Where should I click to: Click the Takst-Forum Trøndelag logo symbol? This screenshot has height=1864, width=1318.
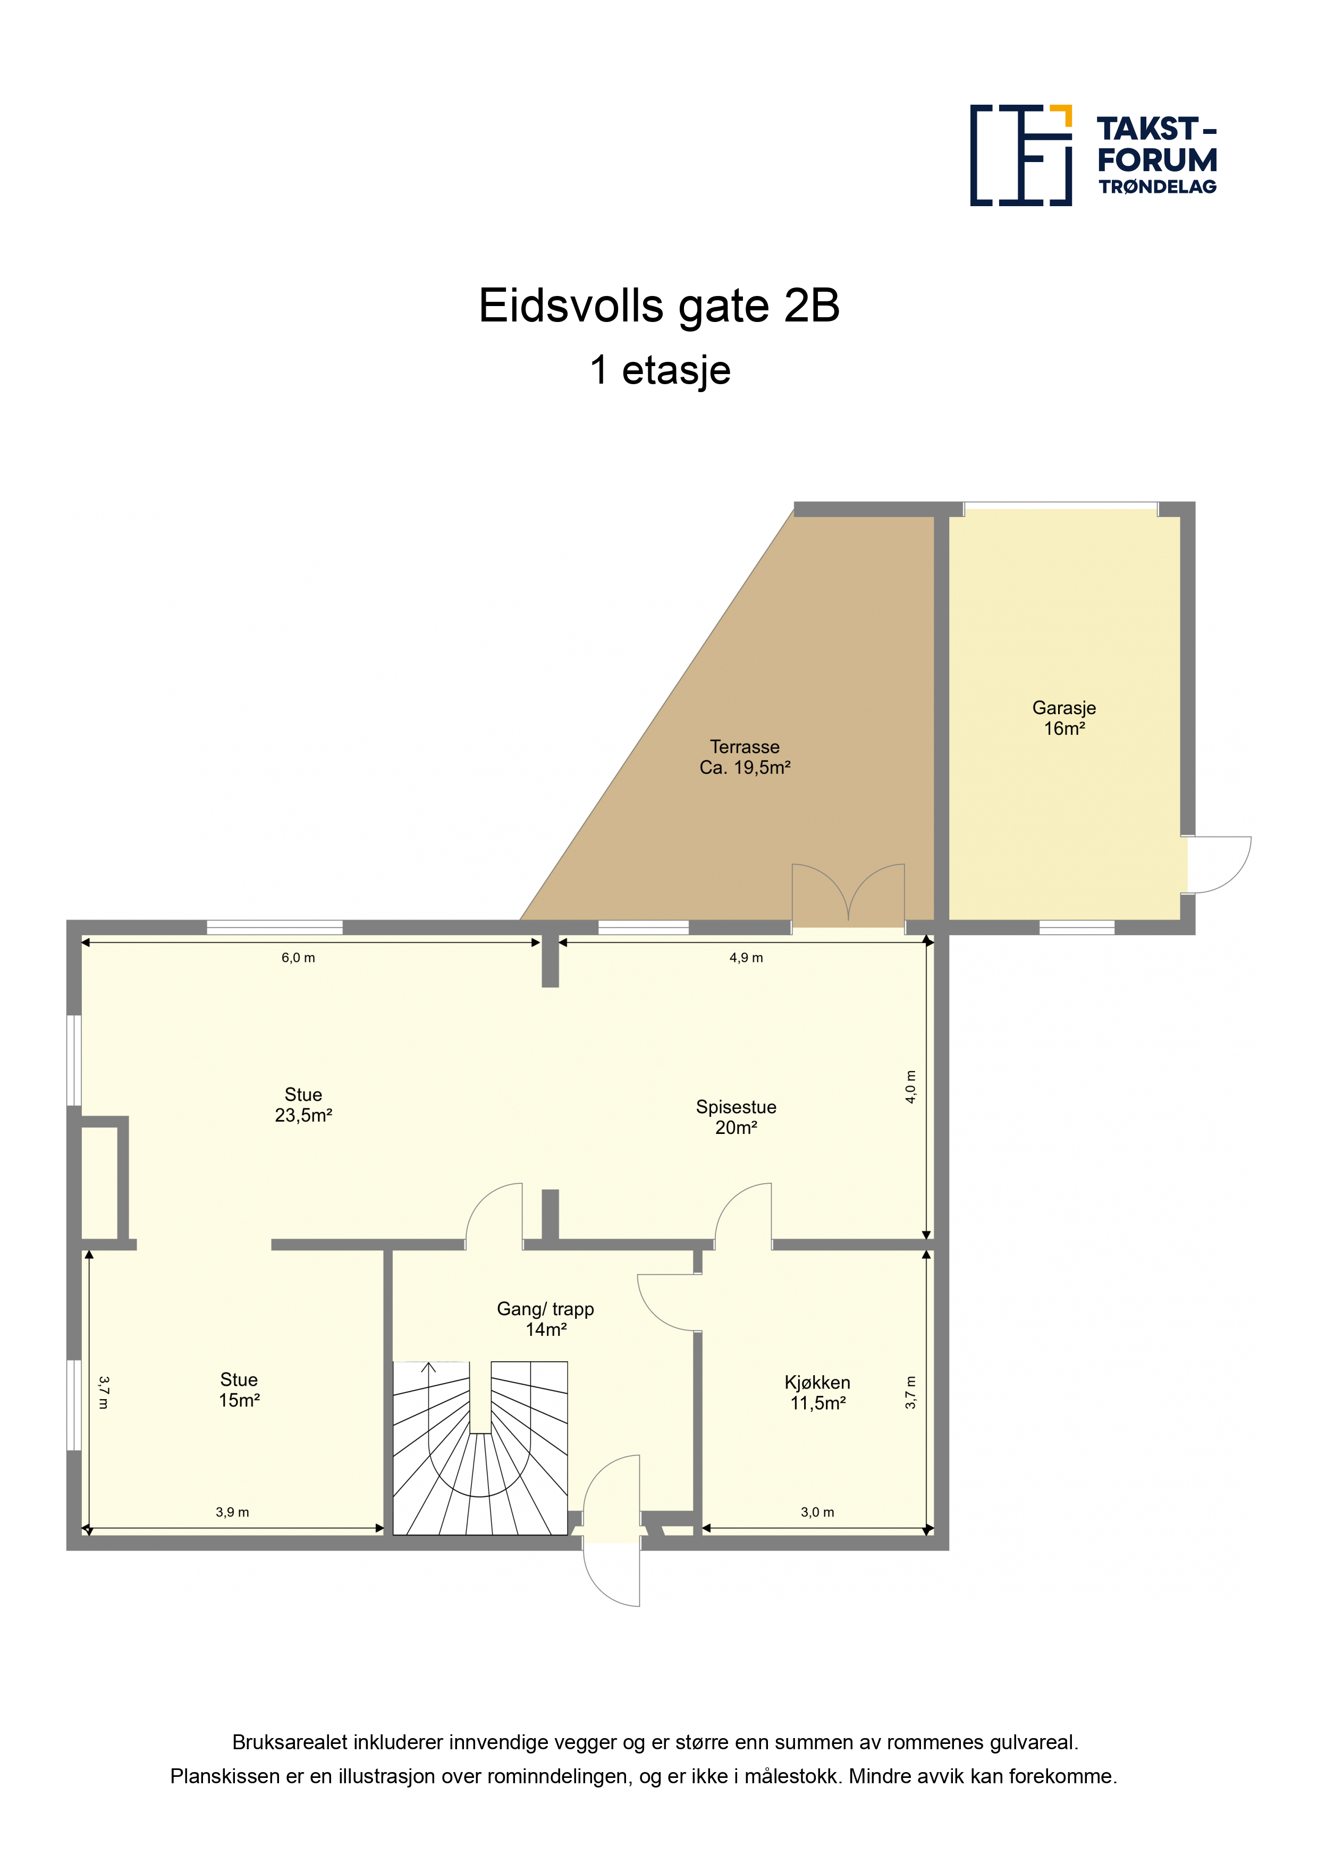[1021, 155]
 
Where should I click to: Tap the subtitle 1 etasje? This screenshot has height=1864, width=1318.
[660, 370]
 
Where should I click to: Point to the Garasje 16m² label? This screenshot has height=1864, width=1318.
[1064, 718]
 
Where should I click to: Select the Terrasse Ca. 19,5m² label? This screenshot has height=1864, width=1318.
[745, 757]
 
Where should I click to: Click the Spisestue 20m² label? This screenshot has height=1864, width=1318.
[736, 1117]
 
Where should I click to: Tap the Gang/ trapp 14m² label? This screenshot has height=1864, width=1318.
[546, 1318]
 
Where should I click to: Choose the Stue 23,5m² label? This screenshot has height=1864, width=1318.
[303, 1105]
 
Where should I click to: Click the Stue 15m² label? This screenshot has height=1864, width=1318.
[239, 1390]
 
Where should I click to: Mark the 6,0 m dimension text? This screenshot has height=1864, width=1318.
[298, 958]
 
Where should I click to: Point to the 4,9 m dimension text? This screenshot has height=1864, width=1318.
[746, 958]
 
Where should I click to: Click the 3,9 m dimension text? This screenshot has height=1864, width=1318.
[232, 1512]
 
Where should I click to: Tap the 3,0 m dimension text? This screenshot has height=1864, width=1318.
[817, 1512]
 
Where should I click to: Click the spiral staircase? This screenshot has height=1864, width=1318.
[480, 1448]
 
